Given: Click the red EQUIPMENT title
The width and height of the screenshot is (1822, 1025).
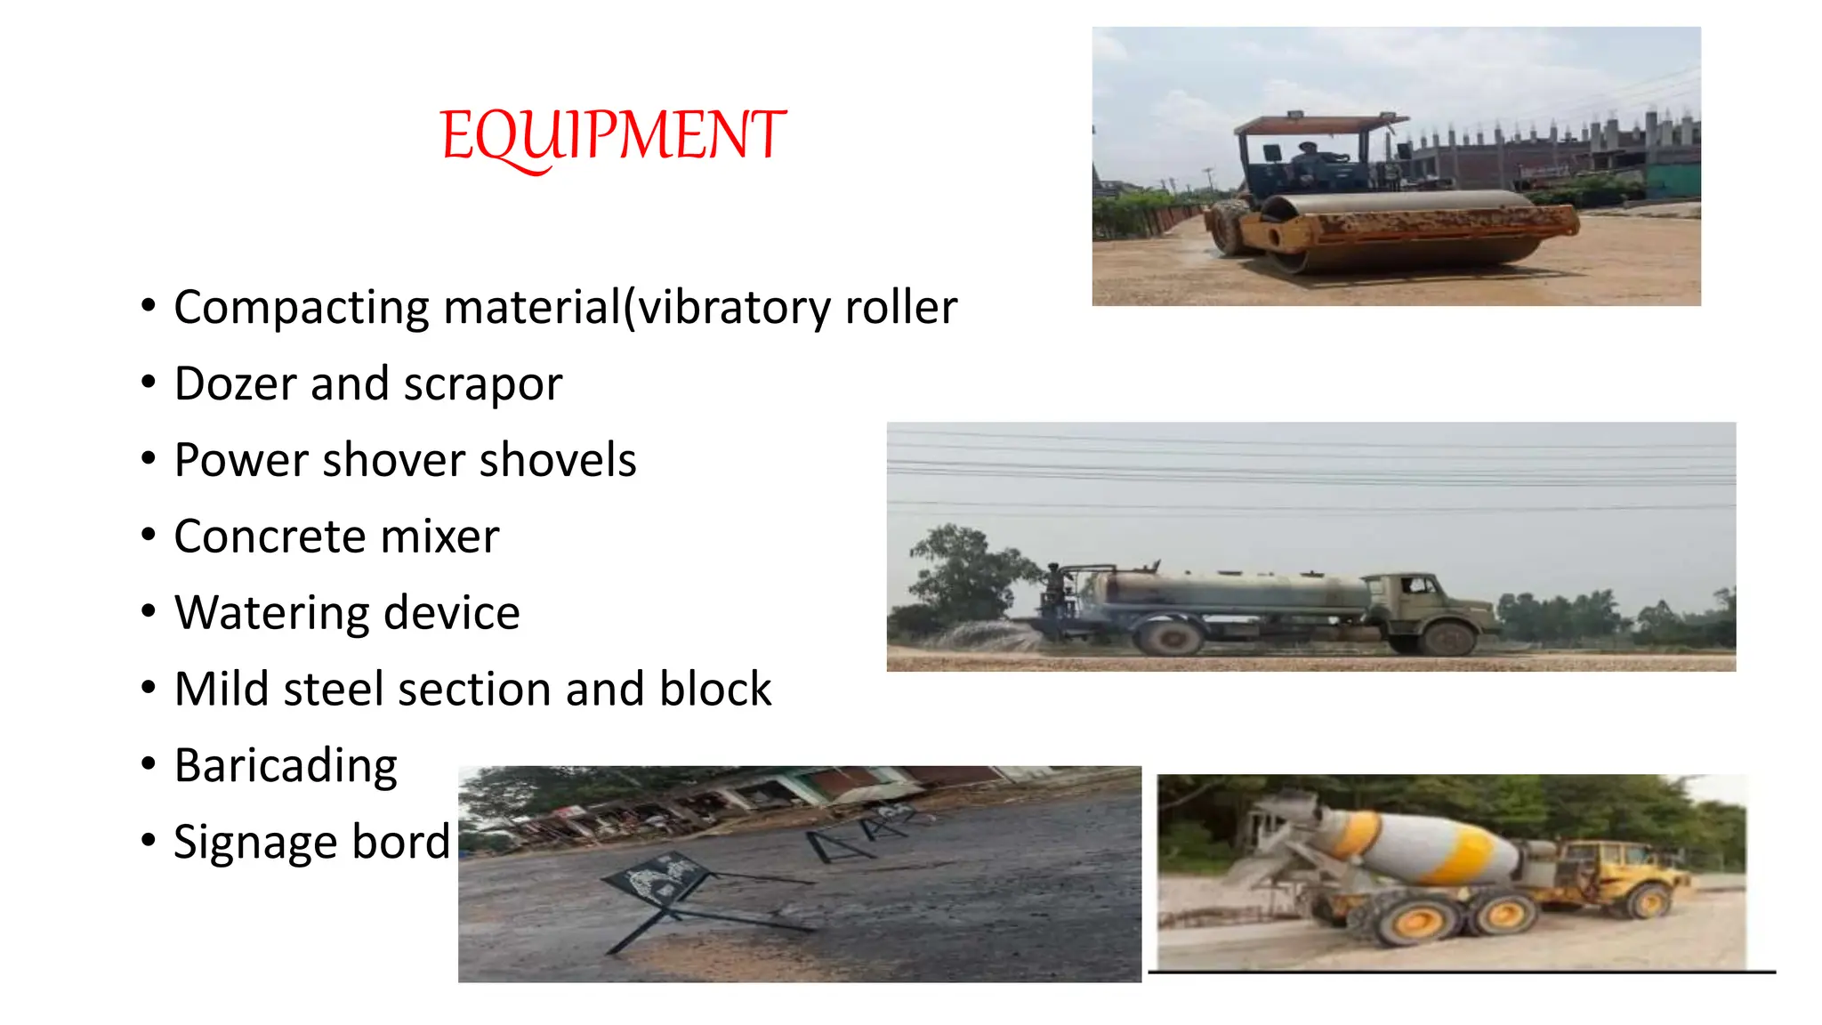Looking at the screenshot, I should [613, 136].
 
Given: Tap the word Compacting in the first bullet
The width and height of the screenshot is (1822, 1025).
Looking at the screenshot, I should [302, 308].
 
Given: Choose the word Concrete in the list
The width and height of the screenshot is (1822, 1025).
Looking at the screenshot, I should [269, 537].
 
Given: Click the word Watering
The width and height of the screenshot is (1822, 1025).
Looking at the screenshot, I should [271, 614].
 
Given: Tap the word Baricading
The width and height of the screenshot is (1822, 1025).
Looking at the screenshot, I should [286, 766].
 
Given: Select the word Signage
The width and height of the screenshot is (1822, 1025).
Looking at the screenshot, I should [254, 843].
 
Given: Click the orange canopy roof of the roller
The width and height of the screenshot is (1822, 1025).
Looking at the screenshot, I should [1317, 124].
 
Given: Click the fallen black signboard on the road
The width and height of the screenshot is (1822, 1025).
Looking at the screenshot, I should [658, 877].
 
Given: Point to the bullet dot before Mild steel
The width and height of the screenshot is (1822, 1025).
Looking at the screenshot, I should [149, 688].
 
